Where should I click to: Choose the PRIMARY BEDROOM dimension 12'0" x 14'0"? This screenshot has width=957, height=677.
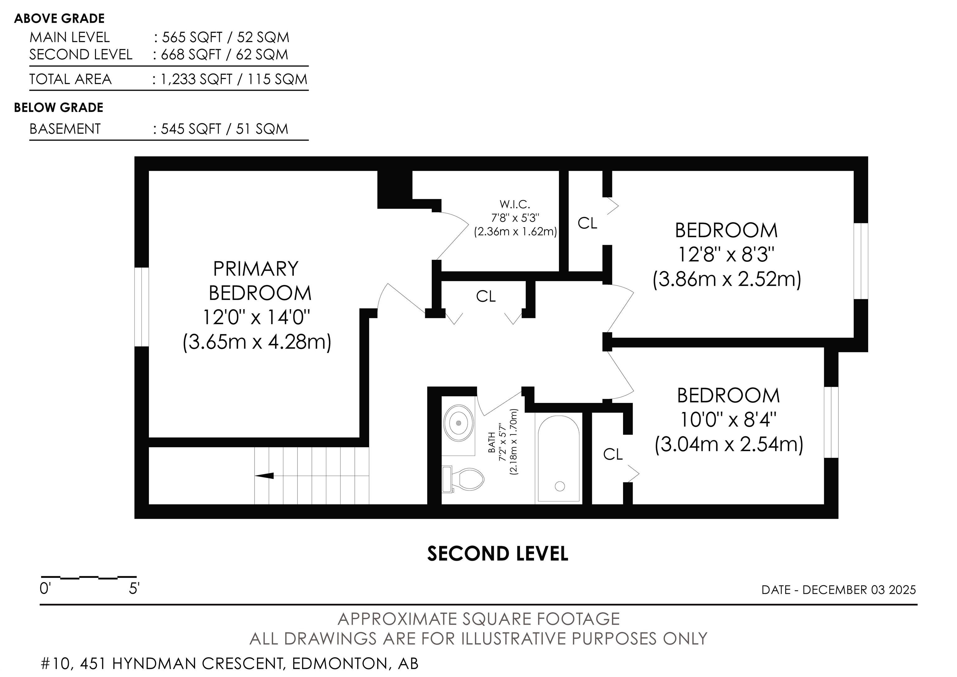click(257, 317)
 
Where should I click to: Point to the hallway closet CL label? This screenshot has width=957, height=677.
click(486, 297)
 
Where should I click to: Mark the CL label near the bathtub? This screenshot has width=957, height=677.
click(613, 454)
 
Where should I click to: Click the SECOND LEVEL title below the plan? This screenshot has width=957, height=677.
click(498, 554)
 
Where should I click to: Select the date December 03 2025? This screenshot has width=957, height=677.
click(859, 590)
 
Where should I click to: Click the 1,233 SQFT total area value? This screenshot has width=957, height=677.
click(196, 79)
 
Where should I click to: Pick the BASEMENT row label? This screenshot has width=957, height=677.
click(65, 129)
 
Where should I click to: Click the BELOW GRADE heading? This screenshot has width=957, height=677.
click(59, 108)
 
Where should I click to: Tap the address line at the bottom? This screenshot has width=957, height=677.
click(230, 664)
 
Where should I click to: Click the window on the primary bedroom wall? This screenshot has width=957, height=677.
click(142, 307)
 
